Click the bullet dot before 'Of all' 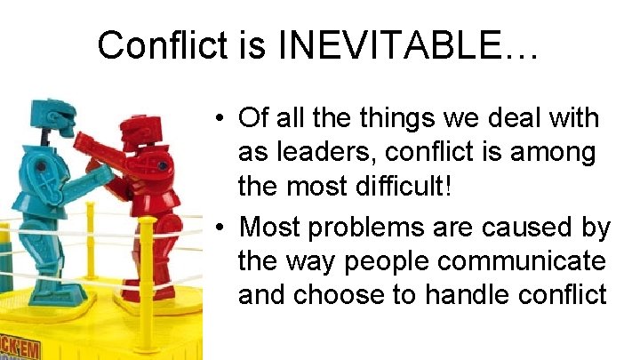point(218,119)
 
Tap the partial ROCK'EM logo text point(20,349)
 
